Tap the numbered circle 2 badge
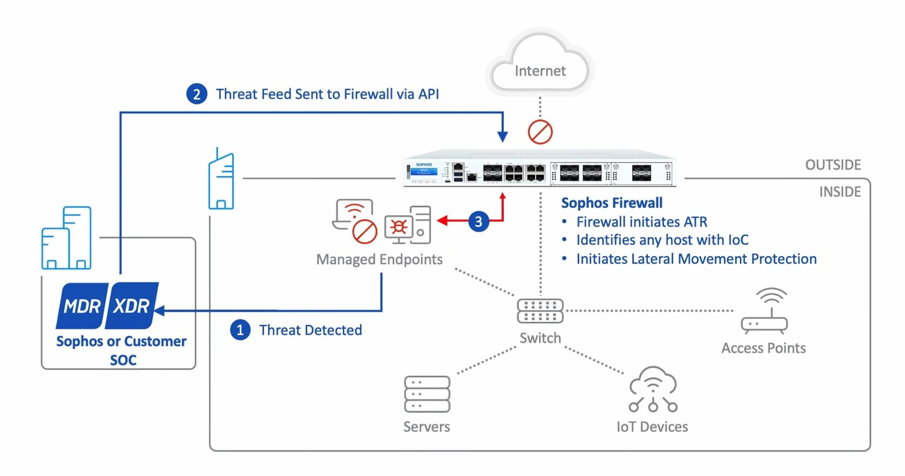click(x=197, y=94)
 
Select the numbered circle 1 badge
click(x=240, y=330)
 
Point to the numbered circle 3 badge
click(x=478, y=222)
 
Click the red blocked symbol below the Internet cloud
click(x=540, y=132)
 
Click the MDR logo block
click(x=82, y=306)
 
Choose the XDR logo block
click(x=132, y=306)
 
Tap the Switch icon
click(x=540, y=311)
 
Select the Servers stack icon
click(x=427, y=394)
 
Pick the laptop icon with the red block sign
click(x=355, y=221)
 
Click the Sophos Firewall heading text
click(x=612, y=203)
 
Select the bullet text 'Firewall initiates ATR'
click(x=641, y=222)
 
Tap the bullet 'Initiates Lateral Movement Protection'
click(x=696, y=259)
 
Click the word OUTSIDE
click(x=833, y=165)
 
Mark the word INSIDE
click(x=840, y=192)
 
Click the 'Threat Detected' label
click(x=311, y=330)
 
